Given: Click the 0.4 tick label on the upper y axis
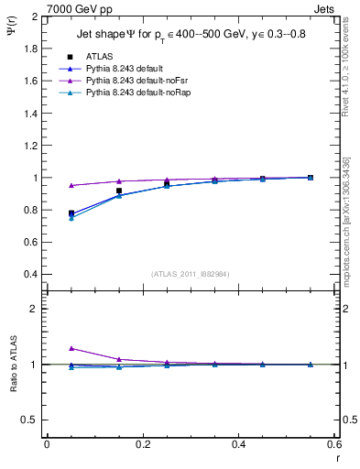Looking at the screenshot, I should click(x=31, y=275).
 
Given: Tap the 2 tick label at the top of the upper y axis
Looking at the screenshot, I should click(x=35, y=17).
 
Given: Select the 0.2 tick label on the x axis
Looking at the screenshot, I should click(x=142, y=444).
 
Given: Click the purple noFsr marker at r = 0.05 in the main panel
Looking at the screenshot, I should click(x=71, y=186).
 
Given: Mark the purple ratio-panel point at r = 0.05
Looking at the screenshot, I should click(x=71, y=348).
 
